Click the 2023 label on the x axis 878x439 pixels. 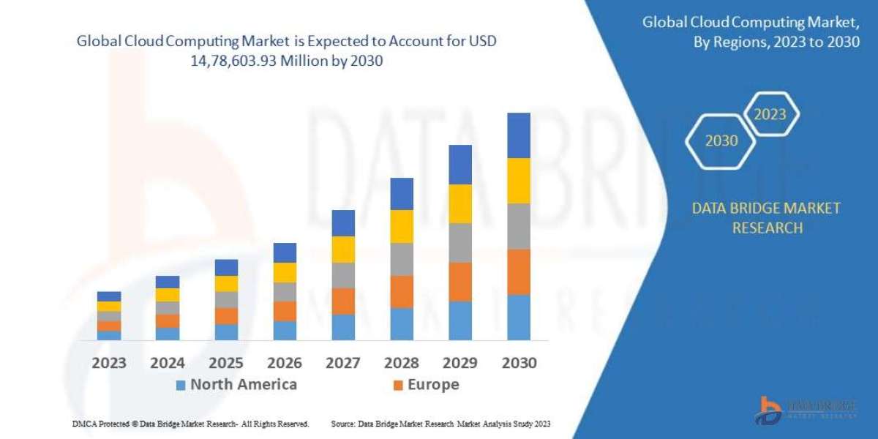[108, 363]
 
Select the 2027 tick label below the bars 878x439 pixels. [342, 363]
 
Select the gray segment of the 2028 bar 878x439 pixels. [401, 259]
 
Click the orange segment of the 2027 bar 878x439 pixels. [342, 301]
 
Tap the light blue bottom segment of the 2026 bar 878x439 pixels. [284, 331]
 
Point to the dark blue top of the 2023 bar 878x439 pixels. [108, 296]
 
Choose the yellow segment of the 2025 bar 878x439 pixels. [225, 283]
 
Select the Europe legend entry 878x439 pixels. [433, 385]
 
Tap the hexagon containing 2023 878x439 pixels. [770, 114]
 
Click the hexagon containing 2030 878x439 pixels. [721, 140]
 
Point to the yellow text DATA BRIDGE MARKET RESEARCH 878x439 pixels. [766, 218]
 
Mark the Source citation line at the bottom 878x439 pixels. [440, 424]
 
